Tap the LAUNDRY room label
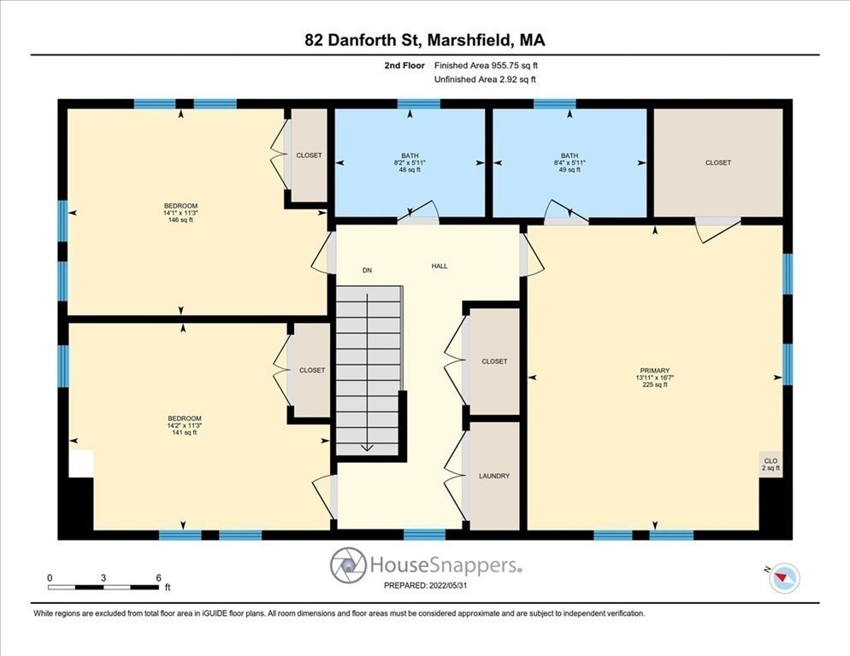coord(494,476)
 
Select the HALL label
coord(439,266)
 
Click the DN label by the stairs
coord(367,270)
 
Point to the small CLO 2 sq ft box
coord(770,464)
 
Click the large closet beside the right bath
coord(717,162)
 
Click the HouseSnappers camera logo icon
coord(348,565)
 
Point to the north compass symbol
coord(783,578)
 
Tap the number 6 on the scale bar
coord(158,578)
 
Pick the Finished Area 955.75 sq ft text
coord(486,65)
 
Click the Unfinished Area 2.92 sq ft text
coord(486,79)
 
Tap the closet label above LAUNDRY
coord(494,361)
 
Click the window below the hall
coord(424,535)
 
